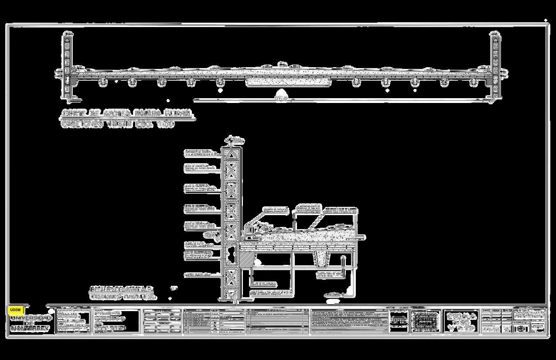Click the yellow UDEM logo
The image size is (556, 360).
[15, 309]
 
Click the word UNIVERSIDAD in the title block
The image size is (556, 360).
[31, 318]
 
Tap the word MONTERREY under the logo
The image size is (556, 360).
[31, 328]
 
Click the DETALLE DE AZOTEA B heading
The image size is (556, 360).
[122, 289]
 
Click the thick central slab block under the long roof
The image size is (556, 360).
[288, 82]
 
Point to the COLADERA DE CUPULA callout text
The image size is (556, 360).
[273, 211]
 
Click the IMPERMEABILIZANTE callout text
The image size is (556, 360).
[308, 209]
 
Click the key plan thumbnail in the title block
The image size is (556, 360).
[426, 322]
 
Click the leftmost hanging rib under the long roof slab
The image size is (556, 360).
[102, 82]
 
